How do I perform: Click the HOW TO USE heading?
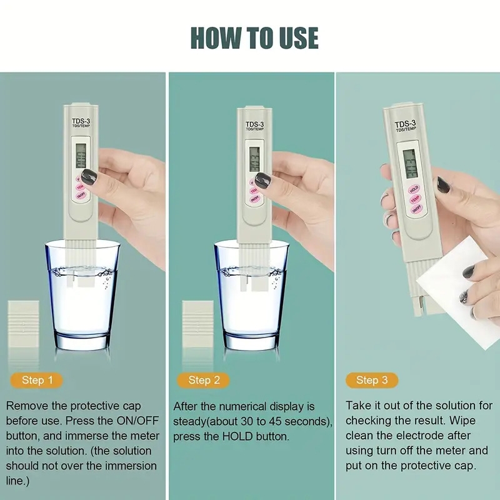pyautogui.click(x=254, y=37)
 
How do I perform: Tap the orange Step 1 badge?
pyautogui.click(x=33, y=380)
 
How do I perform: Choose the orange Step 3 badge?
pyautogui.click(x=372, y=380)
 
